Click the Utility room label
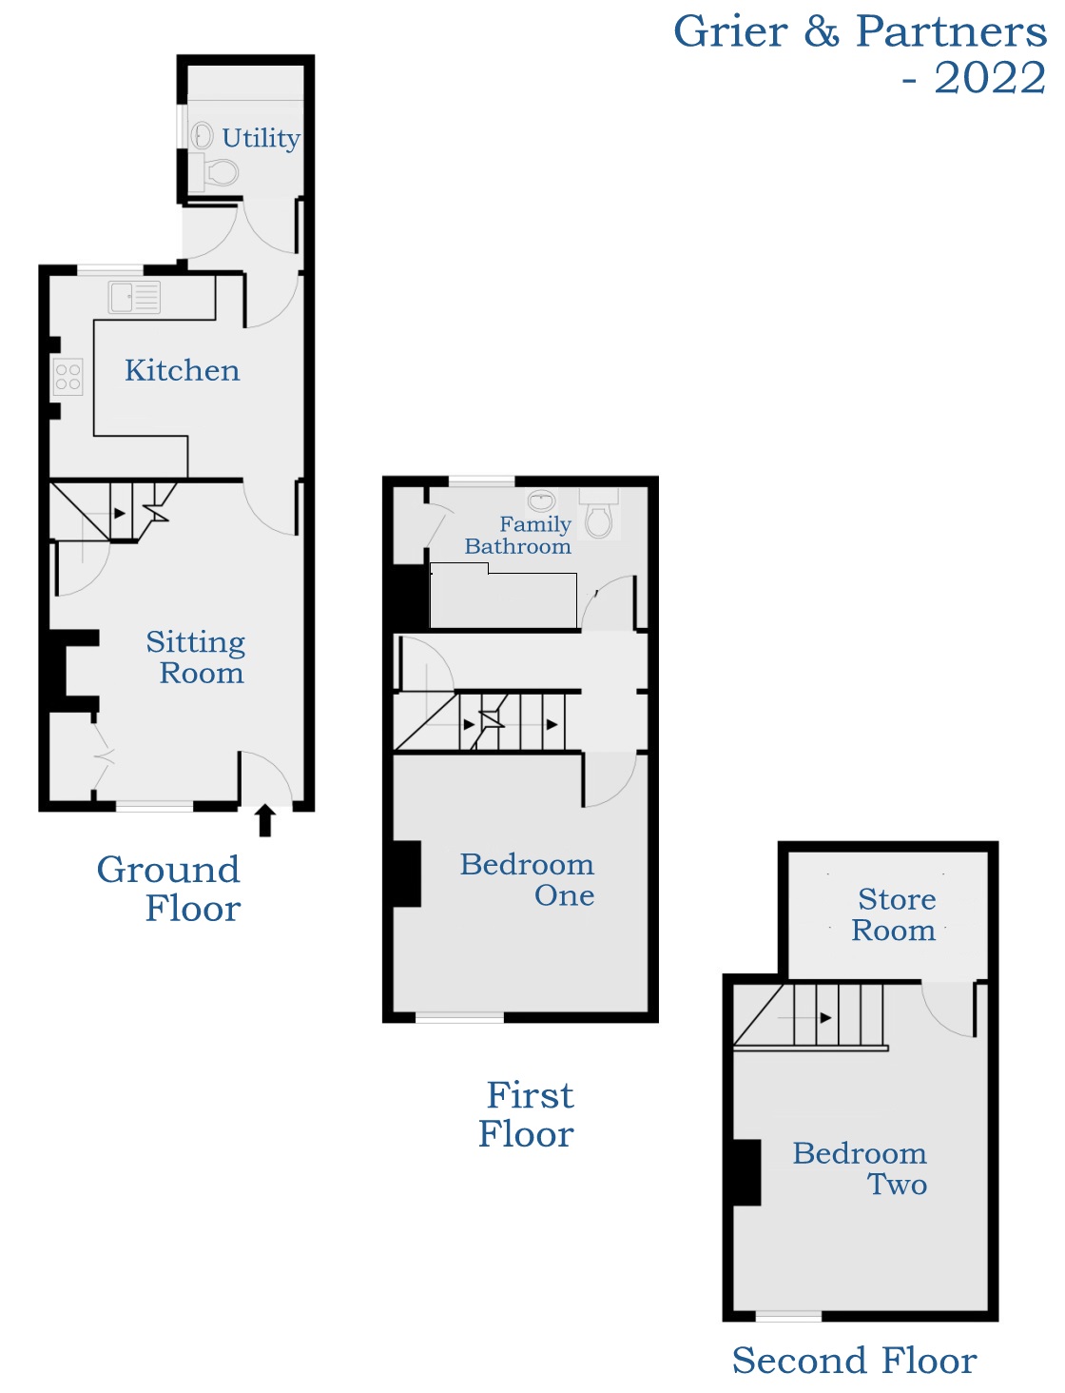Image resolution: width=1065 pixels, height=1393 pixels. (x=261, y=138)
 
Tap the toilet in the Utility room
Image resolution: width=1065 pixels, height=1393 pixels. (x=221, y=172)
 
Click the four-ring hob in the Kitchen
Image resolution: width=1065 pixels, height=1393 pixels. (x=68, y=377)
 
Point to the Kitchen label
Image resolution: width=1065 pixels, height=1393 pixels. (x=182, y=370)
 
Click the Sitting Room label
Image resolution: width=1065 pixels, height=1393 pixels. (x=196, y=657)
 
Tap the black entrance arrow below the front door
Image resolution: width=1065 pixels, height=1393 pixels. (x=265, y=820)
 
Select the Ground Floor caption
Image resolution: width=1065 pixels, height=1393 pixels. (x=169, y=889)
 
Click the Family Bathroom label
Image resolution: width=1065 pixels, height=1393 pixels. (x=519, y=535)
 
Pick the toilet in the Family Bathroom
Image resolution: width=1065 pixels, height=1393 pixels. (x=598, y=517)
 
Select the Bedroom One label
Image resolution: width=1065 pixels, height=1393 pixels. (x=528, y=879)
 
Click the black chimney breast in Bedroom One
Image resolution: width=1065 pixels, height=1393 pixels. (x=406, y=873)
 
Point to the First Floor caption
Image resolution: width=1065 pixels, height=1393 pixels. (x=528, y=1114)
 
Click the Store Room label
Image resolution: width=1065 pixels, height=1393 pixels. (x=894, y=914)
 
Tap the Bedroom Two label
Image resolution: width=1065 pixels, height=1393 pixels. (x=860, y=1168)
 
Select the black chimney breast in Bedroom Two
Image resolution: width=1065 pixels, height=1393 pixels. (x=746, y=1172)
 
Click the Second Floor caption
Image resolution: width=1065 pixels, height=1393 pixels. (x=854, y=1361)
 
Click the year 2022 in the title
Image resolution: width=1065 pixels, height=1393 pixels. (x=989, y=78)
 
